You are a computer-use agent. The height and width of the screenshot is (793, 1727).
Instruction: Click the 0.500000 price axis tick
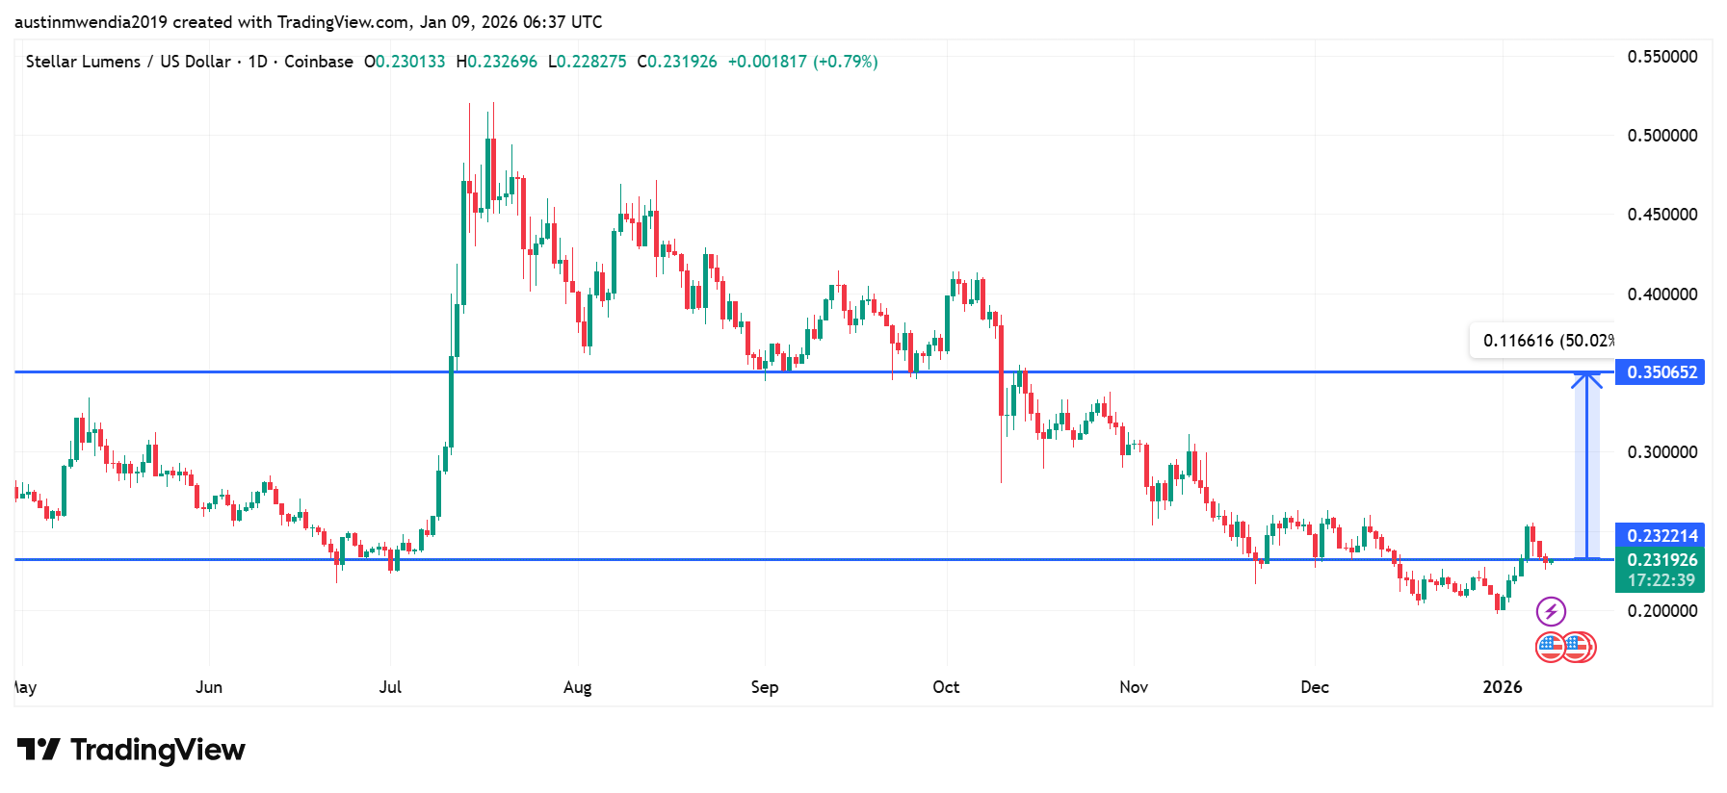point(1662,136)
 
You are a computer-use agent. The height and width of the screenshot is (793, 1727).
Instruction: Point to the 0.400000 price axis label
point(1662,294)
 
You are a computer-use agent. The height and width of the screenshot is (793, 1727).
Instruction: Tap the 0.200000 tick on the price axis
point(1662,611)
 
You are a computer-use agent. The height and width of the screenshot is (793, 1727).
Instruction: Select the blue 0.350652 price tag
point(1660,372)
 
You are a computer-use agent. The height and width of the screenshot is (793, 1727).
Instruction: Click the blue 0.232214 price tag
point(1660,535)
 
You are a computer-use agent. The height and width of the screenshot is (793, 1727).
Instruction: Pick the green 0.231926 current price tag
point(1660,560)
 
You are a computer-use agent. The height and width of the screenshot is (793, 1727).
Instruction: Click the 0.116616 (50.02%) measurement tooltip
point(1544,341)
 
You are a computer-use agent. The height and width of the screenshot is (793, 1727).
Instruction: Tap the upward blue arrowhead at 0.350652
point(1586,379)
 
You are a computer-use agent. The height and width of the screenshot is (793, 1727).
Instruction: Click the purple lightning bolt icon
point(1551,611)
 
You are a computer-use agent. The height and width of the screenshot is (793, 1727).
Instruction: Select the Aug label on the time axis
point(578,687)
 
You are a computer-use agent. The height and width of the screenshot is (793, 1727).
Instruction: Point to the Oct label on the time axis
point(946,687)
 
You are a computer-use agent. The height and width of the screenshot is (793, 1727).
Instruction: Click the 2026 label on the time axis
point(1503,687)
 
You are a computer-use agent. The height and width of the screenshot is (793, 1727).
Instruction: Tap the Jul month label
point(390,687)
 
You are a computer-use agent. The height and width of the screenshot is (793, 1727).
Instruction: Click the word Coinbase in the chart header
point(319,62)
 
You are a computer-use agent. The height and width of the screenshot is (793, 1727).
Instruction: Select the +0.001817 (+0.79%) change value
point(802,62)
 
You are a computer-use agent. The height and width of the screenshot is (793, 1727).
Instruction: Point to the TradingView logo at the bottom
point(132,750)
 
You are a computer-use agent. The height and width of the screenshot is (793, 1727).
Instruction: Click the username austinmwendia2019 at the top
point(92,22)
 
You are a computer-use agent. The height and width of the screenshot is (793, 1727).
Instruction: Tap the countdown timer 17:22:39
point(1661,580)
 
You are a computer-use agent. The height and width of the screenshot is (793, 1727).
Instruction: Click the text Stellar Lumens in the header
point(83,62)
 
